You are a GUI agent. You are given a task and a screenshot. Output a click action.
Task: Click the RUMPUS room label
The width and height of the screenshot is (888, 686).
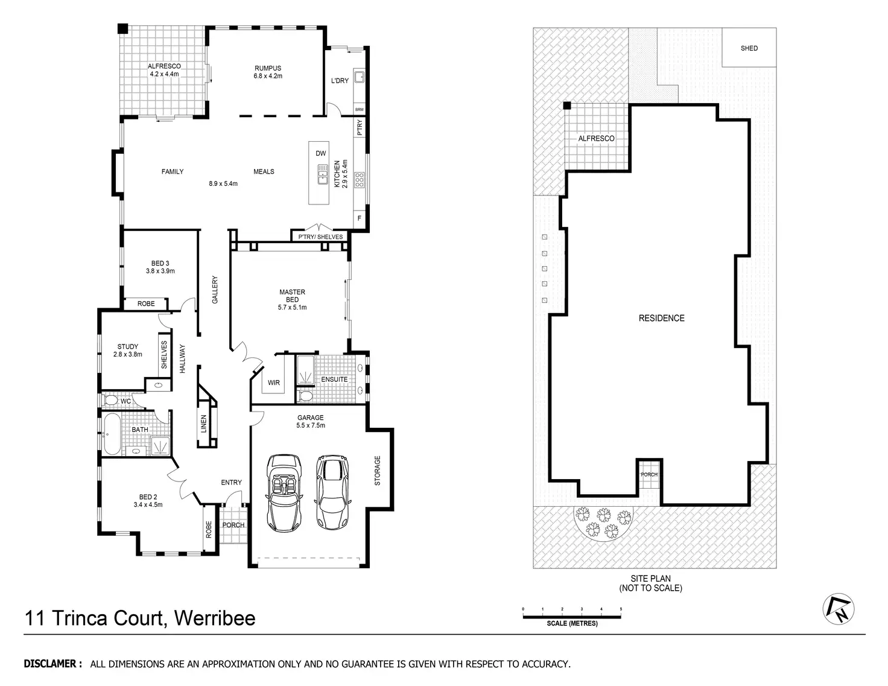pos(267,68)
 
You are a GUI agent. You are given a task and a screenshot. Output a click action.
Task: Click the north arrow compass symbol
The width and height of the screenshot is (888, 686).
pos(839,609)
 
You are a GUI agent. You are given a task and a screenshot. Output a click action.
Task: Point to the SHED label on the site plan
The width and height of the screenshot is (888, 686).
pos(749,48)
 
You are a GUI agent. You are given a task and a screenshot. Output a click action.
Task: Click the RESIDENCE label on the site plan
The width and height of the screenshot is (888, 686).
pos(661,318)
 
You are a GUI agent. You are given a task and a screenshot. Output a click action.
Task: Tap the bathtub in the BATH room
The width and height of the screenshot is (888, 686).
pos(112,435)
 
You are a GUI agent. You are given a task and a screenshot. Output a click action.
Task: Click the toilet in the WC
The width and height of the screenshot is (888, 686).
pos(111,400)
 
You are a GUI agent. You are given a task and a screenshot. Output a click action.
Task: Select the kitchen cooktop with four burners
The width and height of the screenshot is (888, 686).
pos(359,180)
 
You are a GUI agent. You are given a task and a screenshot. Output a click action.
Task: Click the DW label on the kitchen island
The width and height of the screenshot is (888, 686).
pos(320,153)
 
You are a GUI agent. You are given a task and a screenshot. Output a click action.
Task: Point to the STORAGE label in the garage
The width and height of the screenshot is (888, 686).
pos(378,471)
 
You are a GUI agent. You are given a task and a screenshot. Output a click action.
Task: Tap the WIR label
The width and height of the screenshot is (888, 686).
pos(273,383)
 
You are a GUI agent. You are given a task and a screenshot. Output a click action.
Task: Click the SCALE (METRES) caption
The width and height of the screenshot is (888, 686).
pos(572,623)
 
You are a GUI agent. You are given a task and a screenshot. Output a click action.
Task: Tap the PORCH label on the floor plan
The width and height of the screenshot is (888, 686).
pos(233,525)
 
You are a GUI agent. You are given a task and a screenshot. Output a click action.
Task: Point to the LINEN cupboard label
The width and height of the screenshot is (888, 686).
pos(203,425)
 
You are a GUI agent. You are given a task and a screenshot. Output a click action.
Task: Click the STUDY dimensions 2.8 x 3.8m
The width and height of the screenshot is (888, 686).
pos(128,354)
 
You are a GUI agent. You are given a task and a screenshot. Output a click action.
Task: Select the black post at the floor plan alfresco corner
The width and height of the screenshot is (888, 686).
pos(122,28)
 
